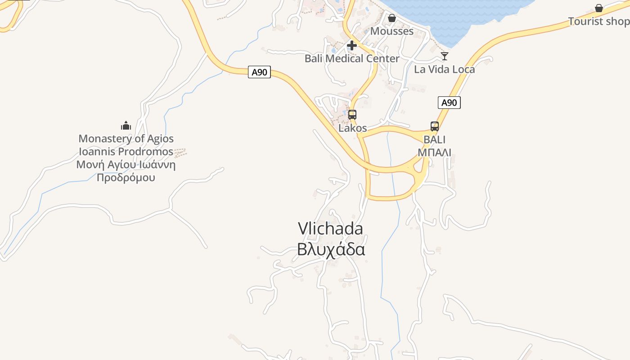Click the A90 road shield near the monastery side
coord(259,72)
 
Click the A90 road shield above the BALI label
coord(449,103)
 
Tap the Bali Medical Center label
coord(352,58)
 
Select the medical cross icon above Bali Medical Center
coord(352,45)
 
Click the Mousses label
coord(392,31)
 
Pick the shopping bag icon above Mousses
coord(392,18)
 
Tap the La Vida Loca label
coord(445,69)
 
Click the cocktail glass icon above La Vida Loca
coord(445,56)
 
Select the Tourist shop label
coord(598,21)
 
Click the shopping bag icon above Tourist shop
coord(599,8)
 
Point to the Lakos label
coord(353,128)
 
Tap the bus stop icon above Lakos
coord(352,114)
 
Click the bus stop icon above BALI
coord(435,126)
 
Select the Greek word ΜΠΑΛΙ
coord(434,152)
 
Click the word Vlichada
coord(330,229)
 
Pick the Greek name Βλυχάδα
coord(330,249)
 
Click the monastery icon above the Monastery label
coord(126,125)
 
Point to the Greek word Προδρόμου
coord(126,178)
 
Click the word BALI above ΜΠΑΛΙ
coord(434,139)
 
